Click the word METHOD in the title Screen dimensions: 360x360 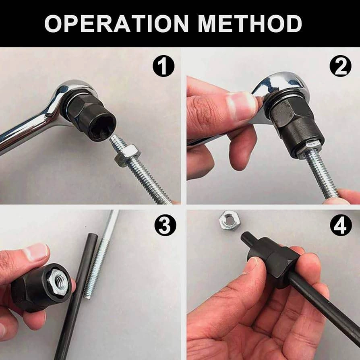click(x=250, y=24)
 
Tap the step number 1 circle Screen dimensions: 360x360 click(x=163, y=66)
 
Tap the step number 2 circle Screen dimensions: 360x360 click(x=341, y=66)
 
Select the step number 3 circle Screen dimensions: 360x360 click(x=165, y=226)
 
